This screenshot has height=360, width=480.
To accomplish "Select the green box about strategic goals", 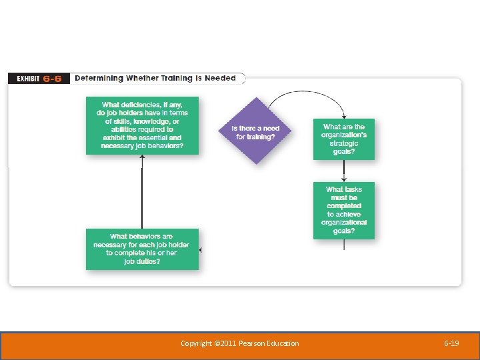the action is (x=343, y=139).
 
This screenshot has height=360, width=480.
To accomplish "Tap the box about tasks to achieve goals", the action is (x=343, y=211).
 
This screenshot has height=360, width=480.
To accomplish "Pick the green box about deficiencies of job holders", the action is (x=142, y=125).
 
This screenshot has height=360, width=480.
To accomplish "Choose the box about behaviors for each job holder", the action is (x=142, y=249).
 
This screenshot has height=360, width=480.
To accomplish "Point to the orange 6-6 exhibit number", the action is (x=53, y=79).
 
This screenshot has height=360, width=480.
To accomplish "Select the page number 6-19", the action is (x=451, y=343).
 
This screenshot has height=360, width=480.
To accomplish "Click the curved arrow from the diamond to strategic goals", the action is (x=307, y=94).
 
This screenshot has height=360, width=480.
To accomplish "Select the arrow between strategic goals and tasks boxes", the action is (x=344, y=171).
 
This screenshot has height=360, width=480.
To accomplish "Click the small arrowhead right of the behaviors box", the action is (x=201, y=249).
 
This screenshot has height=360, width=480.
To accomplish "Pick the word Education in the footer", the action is (x=283, y=343).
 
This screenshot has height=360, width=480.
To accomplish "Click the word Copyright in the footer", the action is (x=196, y=343).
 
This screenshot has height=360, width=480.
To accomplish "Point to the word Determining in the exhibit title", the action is (x=99, y=78).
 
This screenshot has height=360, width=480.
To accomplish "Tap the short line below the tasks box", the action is (x=344, y=245).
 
